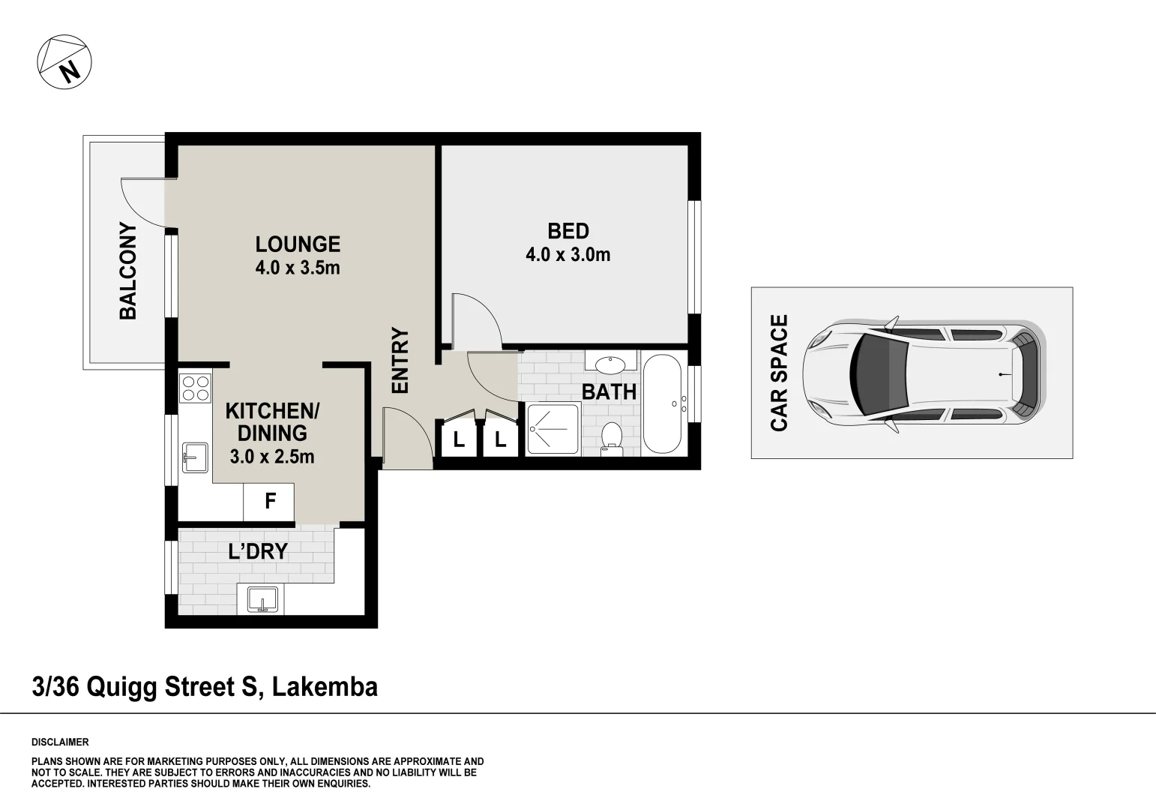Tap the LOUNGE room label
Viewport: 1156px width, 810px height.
click(298, 244)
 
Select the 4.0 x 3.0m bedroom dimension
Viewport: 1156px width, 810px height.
click(568, 255)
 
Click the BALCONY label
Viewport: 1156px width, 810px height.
click(128, 271)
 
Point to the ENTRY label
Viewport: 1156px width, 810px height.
click(400, 361)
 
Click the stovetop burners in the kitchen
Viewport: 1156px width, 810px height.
click(196, 388)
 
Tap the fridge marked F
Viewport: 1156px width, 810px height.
click(269, 501)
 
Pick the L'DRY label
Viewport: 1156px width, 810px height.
click(257, 552)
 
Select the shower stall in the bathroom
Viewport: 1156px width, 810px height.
click(553, 429)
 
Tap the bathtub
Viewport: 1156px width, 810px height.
click(662, 404)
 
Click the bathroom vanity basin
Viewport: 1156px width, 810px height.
click(610, 364)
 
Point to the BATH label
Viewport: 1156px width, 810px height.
click(609, 391)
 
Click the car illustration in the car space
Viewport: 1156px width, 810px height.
click(922, 373)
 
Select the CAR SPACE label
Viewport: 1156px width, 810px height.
click(780, 373)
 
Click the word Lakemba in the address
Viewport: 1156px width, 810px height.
click(325, 686)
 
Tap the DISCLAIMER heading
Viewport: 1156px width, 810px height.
click(60, 742)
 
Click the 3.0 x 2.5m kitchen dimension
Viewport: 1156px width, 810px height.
click(272, 455)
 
